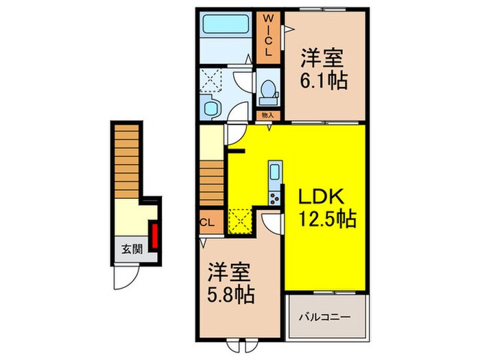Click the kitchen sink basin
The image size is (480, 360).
point(274,172)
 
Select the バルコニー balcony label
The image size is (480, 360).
point(326,317)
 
